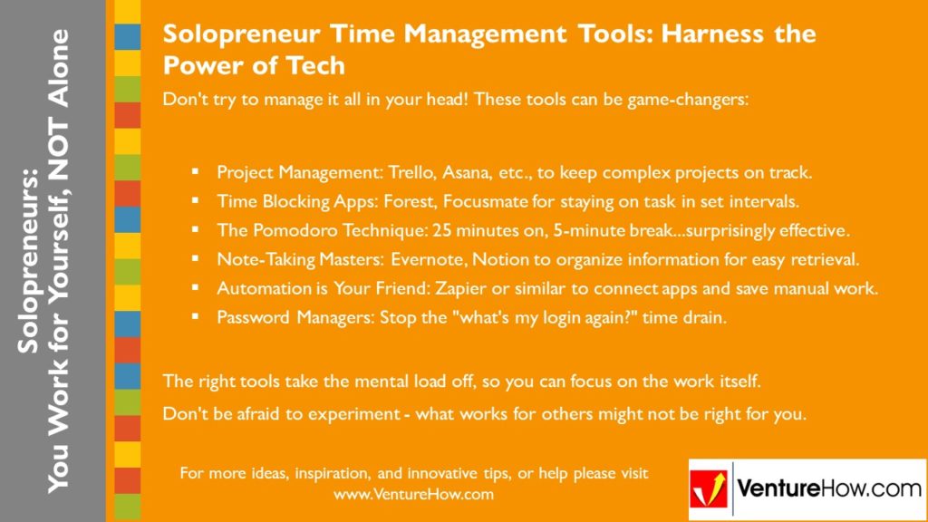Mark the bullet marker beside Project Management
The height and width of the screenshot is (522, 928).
tap(195, 171)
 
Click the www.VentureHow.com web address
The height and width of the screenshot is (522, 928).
tap(413, 495)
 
